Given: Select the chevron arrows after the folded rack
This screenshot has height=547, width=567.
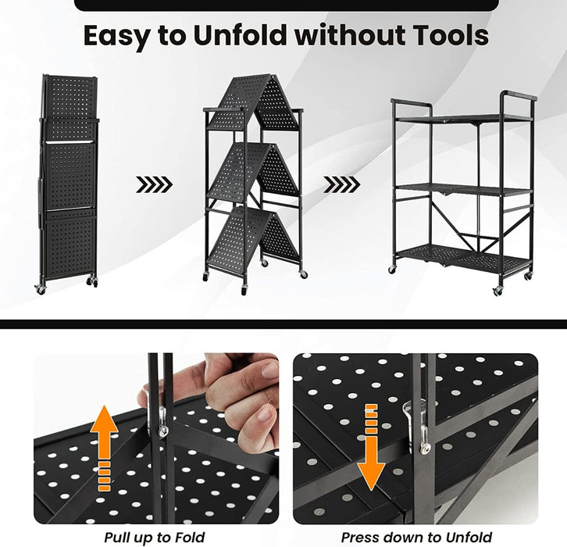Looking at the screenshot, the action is (x=154, y=184).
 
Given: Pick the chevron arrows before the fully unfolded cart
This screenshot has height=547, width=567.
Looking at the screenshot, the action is (x=342, y=184).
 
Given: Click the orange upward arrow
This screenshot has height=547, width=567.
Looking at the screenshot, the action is (x=104, y=448).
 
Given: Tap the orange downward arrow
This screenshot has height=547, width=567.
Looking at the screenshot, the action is (x=371, y=447).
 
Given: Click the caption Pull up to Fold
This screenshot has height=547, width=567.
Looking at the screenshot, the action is (x=155, y=538).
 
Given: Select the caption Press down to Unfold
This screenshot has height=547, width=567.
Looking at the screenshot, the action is (x=416, y=538).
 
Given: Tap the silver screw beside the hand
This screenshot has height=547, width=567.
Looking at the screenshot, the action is (x=163, y=431).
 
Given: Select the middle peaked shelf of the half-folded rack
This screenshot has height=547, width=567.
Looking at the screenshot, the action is (x=253, y=171).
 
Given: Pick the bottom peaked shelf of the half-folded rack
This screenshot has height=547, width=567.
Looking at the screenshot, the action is (x=252, y=237).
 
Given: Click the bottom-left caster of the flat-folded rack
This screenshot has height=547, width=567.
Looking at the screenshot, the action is (x=40, y=288).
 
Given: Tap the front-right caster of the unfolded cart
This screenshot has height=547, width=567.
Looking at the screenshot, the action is (x=497, y=291).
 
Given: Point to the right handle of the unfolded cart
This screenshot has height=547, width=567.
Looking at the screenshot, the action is (x=518, y=96).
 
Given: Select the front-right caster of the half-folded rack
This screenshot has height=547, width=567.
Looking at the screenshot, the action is (x=304, y=274).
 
